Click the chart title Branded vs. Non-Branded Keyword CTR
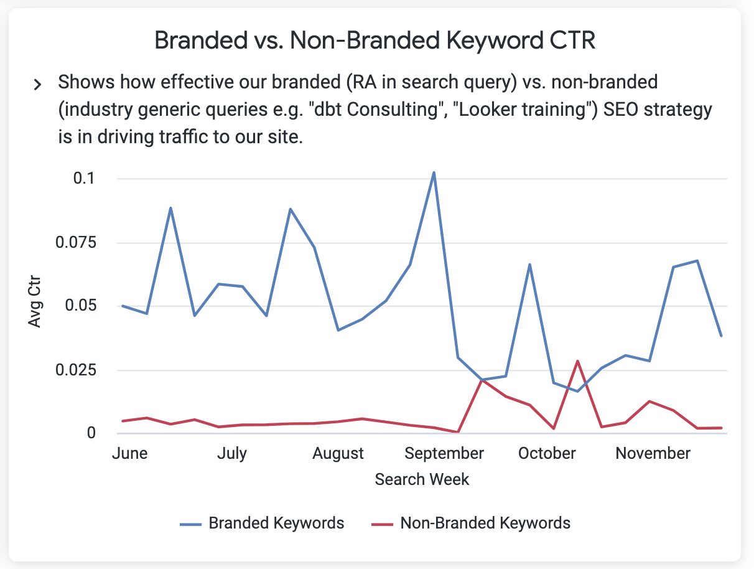click(375, 41)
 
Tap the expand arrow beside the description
click(37, 85)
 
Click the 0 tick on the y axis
click(91, 433)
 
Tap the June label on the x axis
click(130, 453)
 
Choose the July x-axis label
click(232, 453)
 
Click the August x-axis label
click(338, 453)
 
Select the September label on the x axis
click(444, 453)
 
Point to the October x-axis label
click(547, 453)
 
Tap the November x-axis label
click(653, 453)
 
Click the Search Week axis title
click(422, 479)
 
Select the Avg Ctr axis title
click(34, 305)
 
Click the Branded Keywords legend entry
click(276, 523)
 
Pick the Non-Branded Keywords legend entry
click(485, 523)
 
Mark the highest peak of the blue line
click(434, 172)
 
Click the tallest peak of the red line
click(578, 360)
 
